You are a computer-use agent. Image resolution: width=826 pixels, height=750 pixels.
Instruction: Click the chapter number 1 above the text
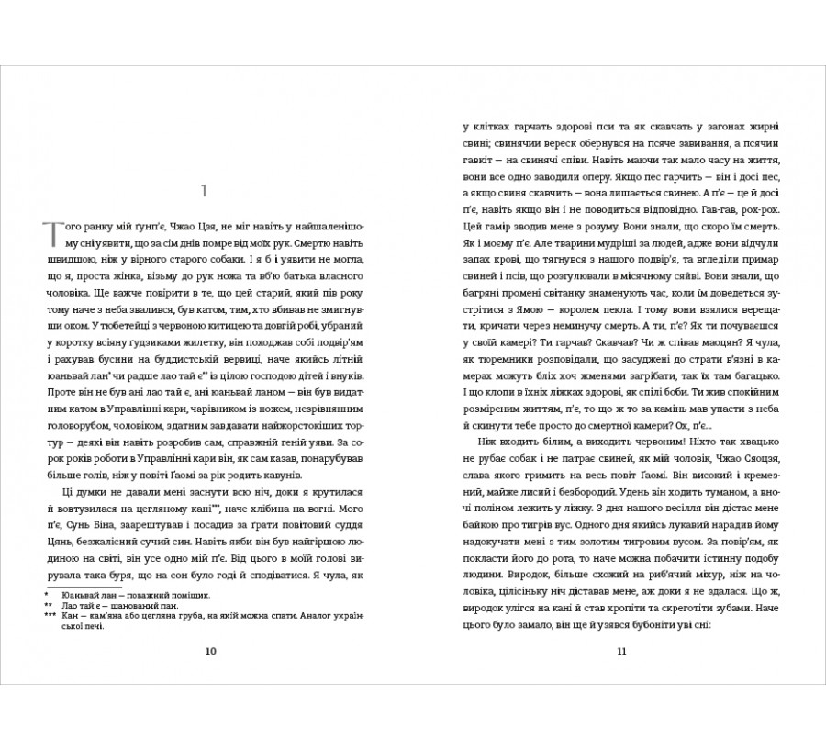206,191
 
